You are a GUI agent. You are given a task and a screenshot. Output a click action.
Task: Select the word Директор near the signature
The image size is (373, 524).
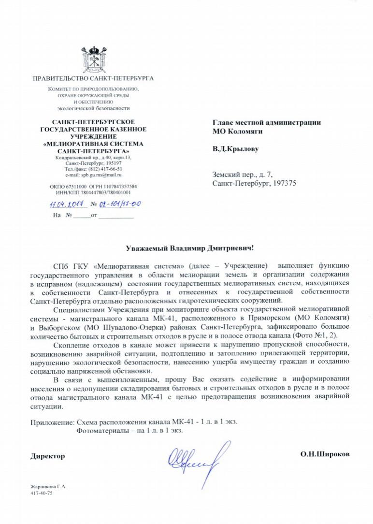tap(47, 456)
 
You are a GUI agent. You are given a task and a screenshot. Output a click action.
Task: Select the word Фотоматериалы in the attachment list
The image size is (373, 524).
tap(100, 430)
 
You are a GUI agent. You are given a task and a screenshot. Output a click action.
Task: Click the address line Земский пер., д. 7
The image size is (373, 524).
tap(245, 175)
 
